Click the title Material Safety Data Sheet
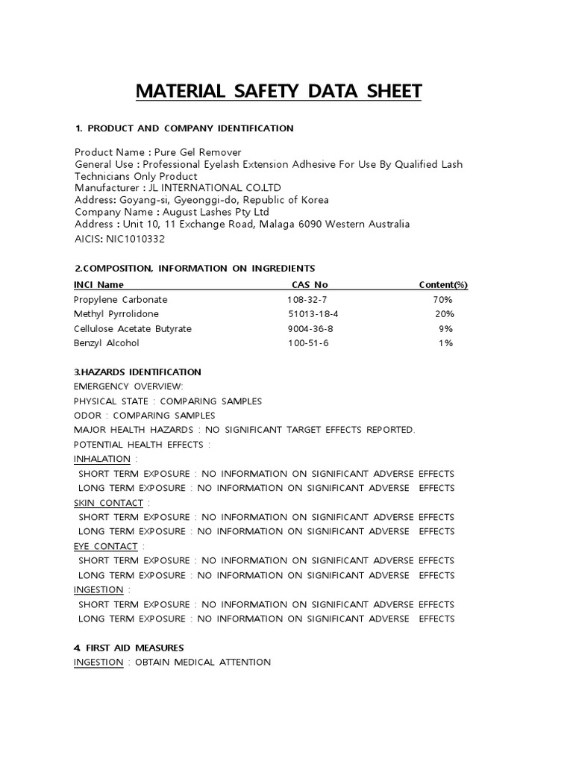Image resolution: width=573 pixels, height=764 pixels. pyautogui.click(x=278, y=91)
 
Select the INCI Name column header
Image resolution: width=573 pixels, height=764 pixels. pyautogui.click(x=98, y=285)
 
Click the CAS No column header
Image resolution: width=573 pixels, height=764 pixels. pyautogui.click(x=310, y=285)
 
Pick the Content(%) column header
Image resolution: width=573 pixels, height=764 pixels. pyautogui.click(x=443, y=285)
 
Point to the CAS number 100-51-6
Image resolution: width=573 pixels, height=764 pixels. pyautogui.click(x=307, y=343)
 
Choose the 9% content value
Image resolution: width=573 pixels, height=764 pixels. pyautogui.click(x=445, y=329)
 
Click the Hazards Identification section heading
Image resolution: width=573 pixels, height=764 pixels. pyautogui.click(x=137, y=372)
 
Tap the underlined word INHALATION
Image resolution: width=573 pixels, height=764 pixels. pyautogui.click(x=102, y=459)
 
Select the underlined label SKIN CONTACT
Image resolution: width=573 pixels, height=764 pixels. pyautogui.click(x=108, y=503)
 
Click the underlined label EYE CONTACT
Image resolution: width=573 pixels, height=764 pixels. pyautogui.click(x=105, y=546)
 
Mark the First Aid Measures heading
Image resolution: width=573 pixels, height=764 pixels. pyautogui.click(x=128, y=648)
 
